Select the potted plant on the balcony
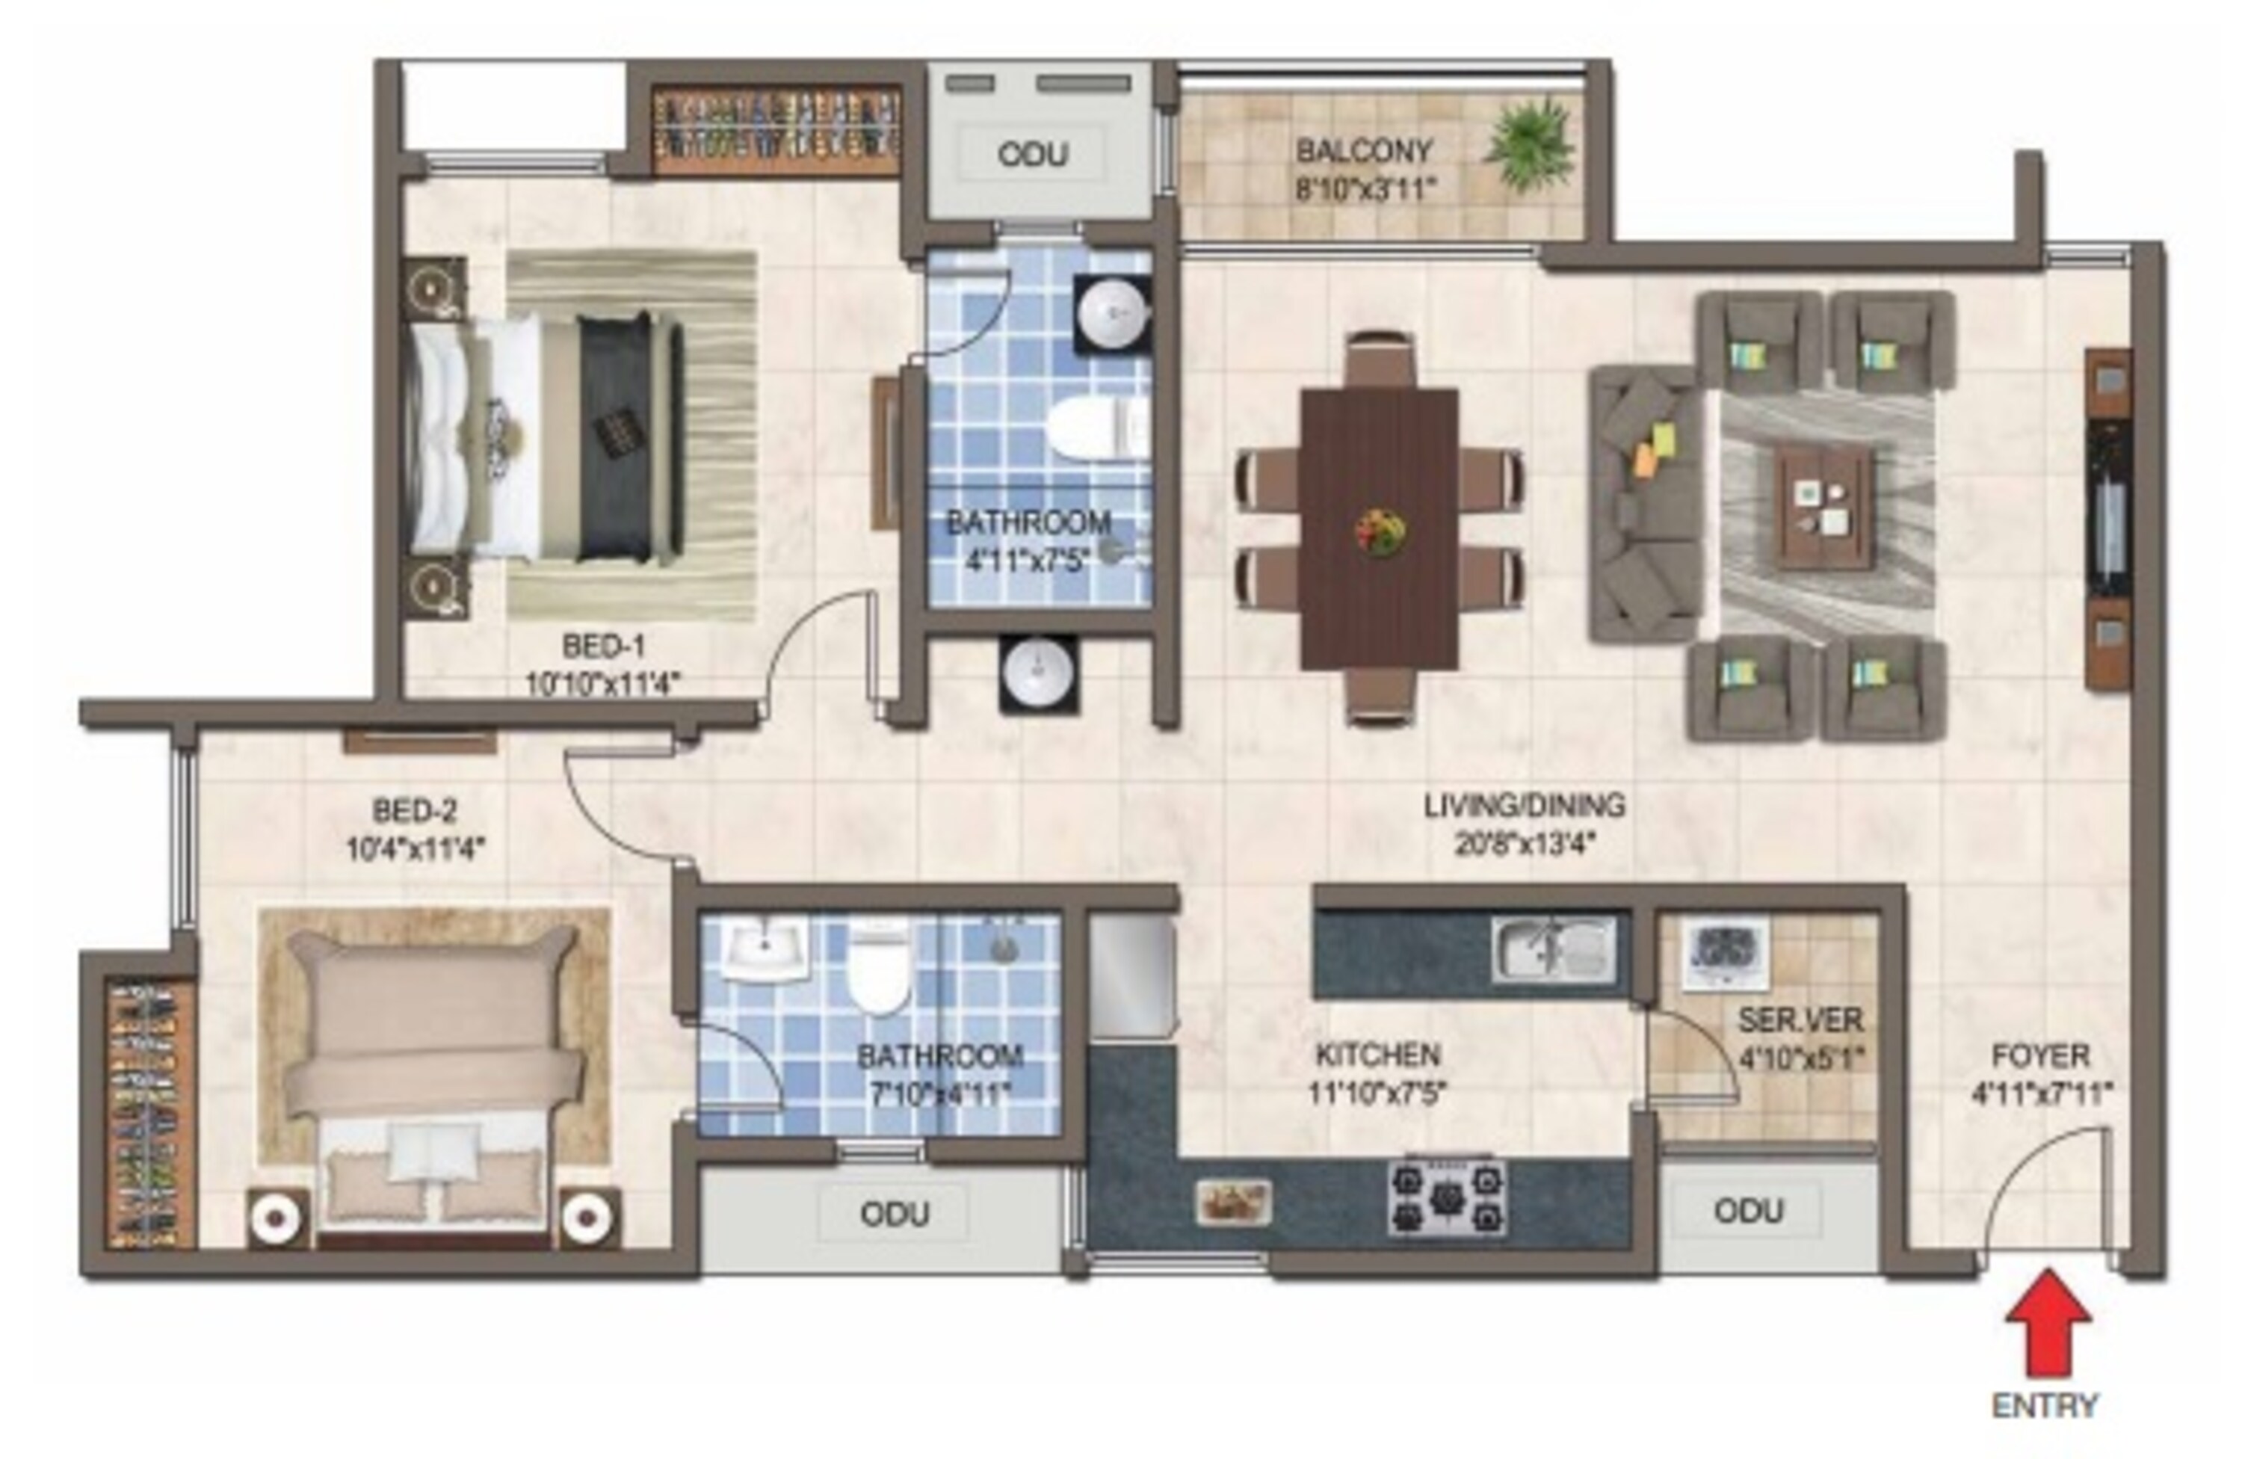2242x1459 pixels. pos(1530,144)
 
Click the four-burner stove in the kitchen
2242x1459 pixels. pos(1447,1196)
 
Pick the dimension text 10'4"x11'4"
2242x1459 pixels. pos(416,850)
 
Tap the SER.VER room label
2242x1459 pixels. pos(1800,1020)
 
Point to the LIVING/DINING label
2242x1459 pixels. pos(1524,805)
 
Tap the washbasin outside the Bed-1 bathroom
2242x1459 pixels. pos(1038,674)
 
